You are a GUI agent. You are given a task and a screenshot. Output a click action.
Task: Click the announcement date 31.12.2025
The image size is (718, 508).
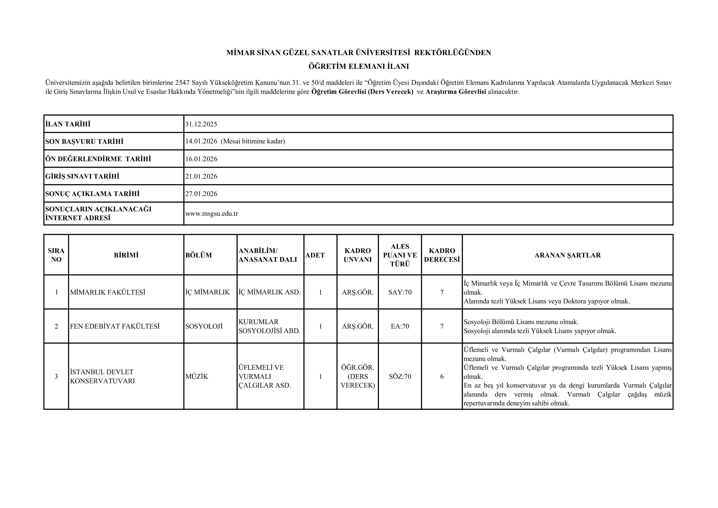(201, 124)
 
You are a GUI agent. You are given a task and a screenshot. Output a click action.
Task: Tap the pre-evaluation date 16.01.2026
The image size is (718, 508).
(201, 159)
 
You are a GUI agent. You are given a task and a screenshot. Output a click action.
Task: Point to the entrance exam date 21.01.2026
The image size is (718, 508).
(201, 176)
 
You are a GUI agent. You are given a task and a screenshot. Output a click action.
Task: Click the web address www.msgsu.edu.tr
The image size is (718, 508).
(212, 214)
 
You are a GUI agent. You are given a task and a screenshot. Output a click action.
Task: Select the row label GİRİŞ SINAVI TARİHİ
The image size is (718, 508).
(82, 176)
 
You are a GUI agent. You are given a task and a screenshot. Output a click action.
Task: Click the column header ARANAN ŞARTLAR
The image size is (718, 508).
(567, 255)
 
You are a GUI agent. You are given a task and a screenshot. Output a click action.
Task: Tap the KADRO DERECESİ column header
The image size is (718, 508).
(442, 255)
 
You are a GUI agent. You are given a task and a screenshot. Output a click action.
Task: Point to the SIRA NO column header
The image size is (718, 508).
(56, 255)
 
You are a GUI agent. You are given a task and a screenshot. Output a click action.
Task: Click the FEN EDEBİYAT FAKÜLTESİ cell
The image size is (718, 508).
(115, 327)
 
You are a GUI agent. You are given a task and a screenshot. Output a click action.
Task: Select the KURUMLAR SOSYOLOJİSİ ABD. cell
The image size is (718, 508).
(269, 327)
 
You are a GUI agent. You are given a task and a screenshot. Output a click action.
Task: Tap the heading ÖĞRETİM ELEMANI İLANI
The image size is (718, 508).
(359, 67)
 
